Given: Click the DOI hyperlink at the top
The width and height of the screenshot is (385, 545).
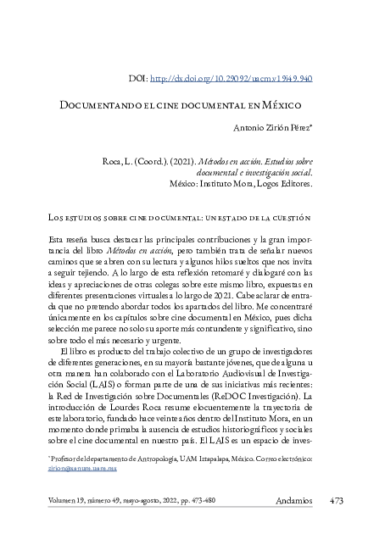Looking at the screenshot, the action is click(231, 78).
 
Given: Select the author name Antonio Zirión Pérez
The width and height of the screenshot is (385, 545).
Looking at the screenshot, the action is click(271, 128).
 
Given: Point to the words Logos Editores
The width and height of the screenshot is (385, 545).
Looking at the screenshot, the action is click(283, 182).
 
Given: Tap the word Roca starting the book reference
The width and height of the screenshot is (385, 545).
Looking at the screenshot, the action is click(112, 159).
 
